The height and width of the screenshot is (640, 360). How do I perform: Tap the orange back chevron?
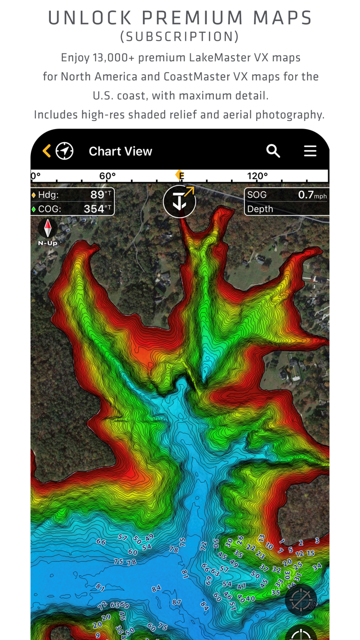[x=47, y=151]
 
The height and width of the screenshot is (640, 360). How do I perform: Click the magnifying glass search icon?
[x=273, y=151]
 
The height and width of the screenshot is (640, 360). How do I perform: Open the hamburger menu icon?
[x=310, y=151]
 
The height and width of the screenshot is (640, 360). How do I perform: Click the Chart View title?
[x=120, y=151]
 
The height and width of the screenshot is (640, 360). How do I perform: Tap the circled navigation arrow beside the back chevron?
[x=65, y=151]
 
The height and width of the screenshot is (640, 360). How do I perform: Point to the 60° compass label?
[x=107, y=176]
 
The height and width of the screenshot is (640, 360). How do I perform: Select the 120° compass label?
[x=257, y=176]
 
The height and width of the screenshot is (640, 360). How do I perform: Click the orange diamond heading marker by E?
[x=178, y=175]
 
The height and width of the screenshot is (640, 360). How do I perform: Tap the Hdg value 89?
[x=97, y=195]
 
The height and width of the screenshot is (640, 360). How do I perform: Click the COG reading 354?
[x=94, y=209]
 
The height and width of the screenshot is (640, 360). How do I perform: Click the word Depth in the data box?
[x=260, y=209]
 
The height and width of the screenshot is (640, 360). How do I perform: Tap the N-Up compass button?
[x=48, y=231]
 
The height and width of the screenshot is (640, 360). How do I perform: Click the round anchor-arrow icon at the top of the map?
[x=179, y=201]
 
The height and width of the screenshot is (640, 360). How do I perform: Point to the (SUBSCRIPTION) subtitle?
[x=179, y=37]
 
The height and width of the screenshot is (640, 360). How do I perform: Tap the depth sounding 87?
[x=176, y=602]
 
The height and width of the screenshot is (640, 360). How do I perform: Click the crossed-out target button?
[x=301, y=600]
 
